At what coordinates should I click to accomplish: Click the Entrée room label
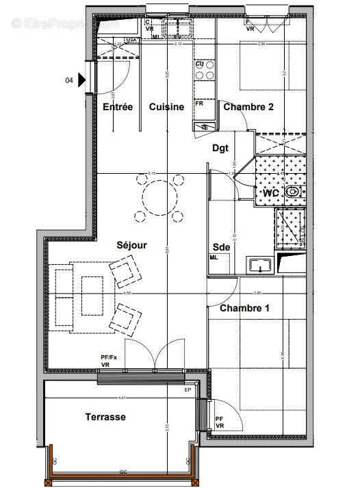coord(118,107)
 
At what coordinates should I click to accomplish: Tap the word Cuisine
coord(167,107)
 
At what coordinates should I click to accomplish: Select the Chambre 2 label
coord(249,107)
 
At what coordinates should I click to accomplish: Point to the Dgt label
coord(220,147)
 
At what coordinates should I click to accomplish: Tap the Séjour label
coord(131,244)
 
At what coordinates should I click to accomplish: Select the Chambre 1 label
coord(244,309)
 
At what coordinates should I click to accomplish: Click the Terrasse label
coord(105,416)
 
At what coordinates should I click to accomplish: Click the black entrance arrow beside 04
coord(83,80)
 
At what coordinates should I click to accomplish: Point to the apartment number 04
coord(69,80)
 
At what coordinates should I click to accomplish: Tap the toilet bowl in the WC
coord(294,193)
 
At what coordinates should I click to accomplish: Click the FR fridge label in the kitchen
coord(200,103)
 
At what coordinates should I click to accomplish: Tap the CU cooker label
coord(200,64)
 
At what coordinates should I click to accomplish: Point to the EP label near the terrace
coord(188,390)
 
